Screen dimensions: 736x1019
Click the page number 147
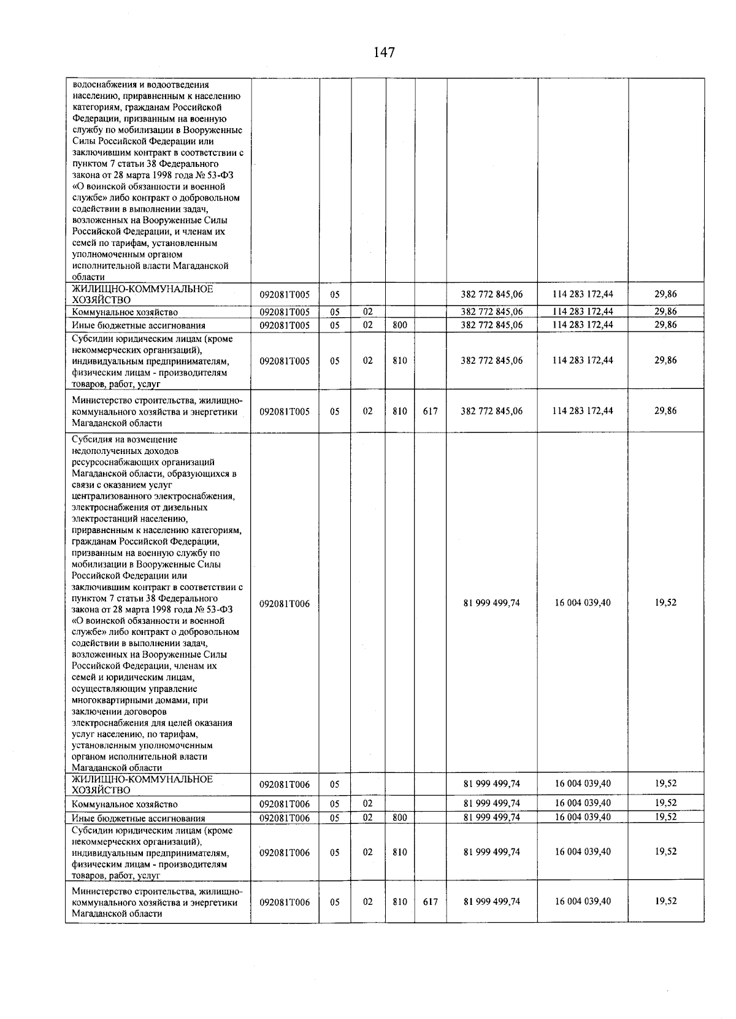384,52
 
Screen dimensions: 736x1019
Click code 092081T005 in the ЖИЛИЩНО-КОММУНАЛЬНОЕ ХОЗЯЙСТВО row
285,294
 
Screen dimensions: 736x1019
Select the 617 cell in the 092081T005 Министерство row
430,411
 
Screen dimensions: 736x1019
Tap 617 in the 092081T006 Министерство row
430,902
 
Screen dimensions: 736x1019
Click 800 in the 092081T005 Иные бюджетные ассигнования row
400,325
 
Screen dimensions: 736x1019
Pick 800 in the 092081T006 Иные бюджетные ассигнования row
400,817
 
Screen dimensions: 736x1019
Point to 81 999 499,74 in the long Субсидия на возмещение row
491,602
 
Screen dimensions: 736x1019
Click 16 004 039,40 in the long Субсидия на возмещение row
583,602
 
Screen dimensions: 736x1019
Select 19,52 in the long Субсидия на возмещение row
665,602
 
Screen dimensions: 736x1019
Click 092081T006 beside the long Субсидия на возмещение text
285,604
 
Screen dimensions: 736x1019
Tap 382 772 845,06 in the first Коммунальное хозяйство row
491,312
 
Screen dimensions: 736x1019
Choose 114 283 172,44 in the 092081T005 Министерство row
583,411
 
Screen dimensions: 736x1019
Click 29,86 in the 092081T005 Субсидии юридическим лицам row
665,360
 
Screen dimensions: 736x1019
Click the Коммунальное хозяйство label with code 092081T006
125,804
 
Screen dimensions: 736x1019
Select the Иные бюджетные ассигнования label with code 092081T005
138,326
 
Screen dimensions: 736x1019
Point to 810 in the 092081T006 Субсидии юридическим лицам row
400,852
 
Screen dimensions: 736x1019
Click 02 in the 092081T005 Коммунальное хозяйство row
367,312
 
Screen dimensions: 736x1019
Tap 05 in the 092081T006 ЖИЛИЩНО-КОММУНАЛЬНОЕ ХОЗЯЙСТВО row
335,784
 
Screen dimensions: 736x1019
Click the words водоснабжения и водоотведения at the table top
140,85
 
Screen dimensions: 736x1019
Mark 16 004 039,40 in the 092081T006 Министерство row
583,901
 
